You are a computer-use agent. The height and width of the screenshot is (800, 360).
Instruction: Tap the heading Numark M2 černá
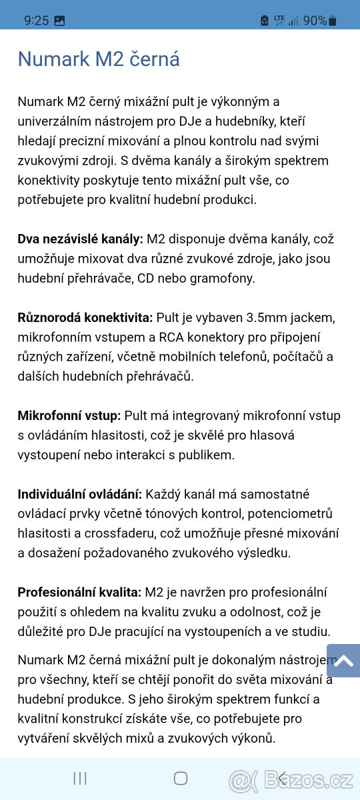99,59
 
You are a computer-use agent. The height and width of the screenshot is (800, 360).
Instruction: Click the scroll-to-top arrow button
343,661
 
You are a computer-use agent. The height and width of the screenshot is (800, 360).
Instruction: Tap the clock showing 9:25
37,21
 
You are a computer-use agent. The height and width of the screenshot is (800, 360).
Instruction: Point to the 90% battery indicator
319,21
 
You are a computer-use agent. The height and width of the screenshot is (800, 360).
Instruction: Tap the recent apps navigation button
80,778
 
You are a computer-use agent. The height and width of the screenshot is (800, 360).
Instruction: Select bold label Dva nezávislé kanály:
80,239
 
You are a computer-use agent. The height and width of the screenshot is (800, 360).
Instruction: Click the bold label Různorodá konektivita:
85,317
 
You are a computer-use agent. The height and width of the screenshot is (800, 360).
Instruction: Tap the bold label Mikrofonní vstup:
69,416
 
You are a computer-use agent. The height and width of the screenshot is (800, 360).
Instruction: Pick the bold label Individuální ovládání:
79,495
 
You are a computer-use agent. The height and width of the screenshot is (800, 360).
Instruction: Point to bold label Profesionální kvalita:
79,593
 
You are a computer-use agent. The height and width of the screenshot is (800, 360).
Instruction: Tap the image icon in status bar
59,21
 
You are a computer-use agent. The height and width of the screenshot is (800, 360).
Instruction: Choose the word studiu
311,631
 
